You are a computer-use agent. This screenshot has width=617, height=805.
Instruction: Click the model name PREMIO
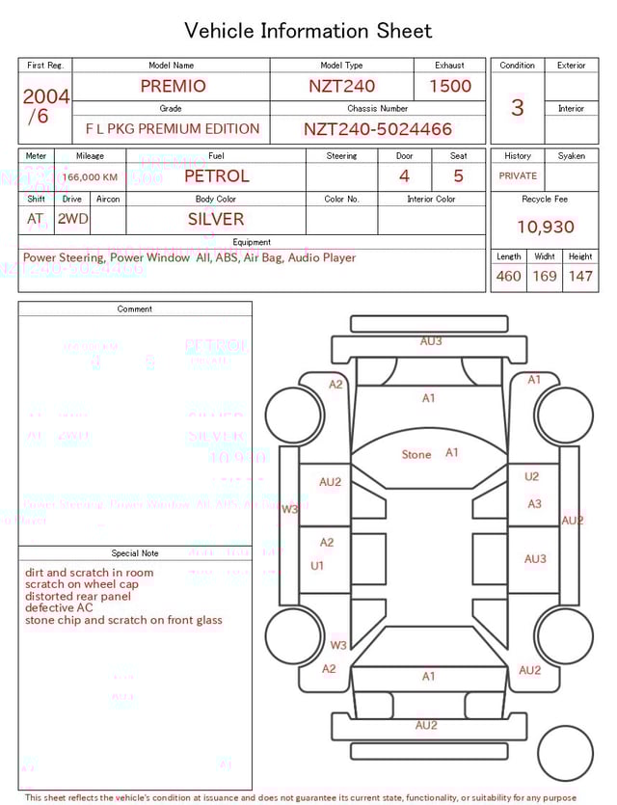pos(173,86)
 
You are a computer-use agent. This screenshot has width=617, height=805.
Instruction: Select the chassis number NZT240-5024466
pos(378,129)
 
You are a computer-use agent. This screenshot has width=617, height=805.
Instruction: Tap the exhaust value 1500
pos(450,86)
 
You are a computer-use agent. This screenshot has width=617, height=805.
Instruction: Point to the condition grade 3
pos(517,108)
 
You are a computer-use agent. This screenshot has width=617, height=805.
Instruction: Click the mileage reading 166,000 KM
pos(91,177)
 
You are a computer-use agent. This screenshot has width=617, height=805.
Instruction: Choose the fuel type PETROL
pos(216,175)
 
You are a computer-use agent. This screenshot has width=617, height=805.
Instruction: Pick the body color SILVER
pos(216,219)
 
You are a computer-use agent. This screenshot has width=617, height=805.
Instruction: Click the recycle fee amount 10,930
pos(545,227)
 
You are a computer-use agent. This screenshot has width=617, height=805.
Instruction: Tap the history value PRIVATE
pos(518,176)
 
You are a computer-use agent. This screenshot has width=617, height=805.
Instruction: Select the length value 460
pos(508,277)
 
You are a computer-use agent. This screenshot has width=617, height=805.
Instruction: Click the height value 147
pos(580,277)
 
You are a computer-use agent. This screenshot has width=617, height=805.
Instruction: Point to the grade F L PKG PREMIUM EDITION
pos(173,129)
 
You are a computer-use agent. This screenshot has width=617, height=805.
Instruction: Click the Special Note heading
pos(135,553)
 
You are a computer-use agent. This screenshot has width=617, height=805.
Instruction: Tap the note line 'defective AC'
pos(59,608)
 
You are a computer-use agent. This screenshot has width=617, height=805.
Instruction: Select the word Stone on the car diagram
pos(416,454)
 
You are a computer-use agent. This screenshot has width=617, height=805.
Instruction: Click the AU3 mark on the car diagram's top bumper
pos(431,341)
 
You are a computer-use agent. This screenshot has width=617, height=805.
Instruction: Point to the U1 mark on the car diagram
pos(317,566)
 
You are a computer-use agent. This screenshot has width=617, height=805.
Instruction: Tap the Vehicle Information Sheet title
pos(308,31)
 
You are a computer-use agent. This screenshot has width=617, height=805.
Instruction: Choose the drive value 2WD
pos(72,219)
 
